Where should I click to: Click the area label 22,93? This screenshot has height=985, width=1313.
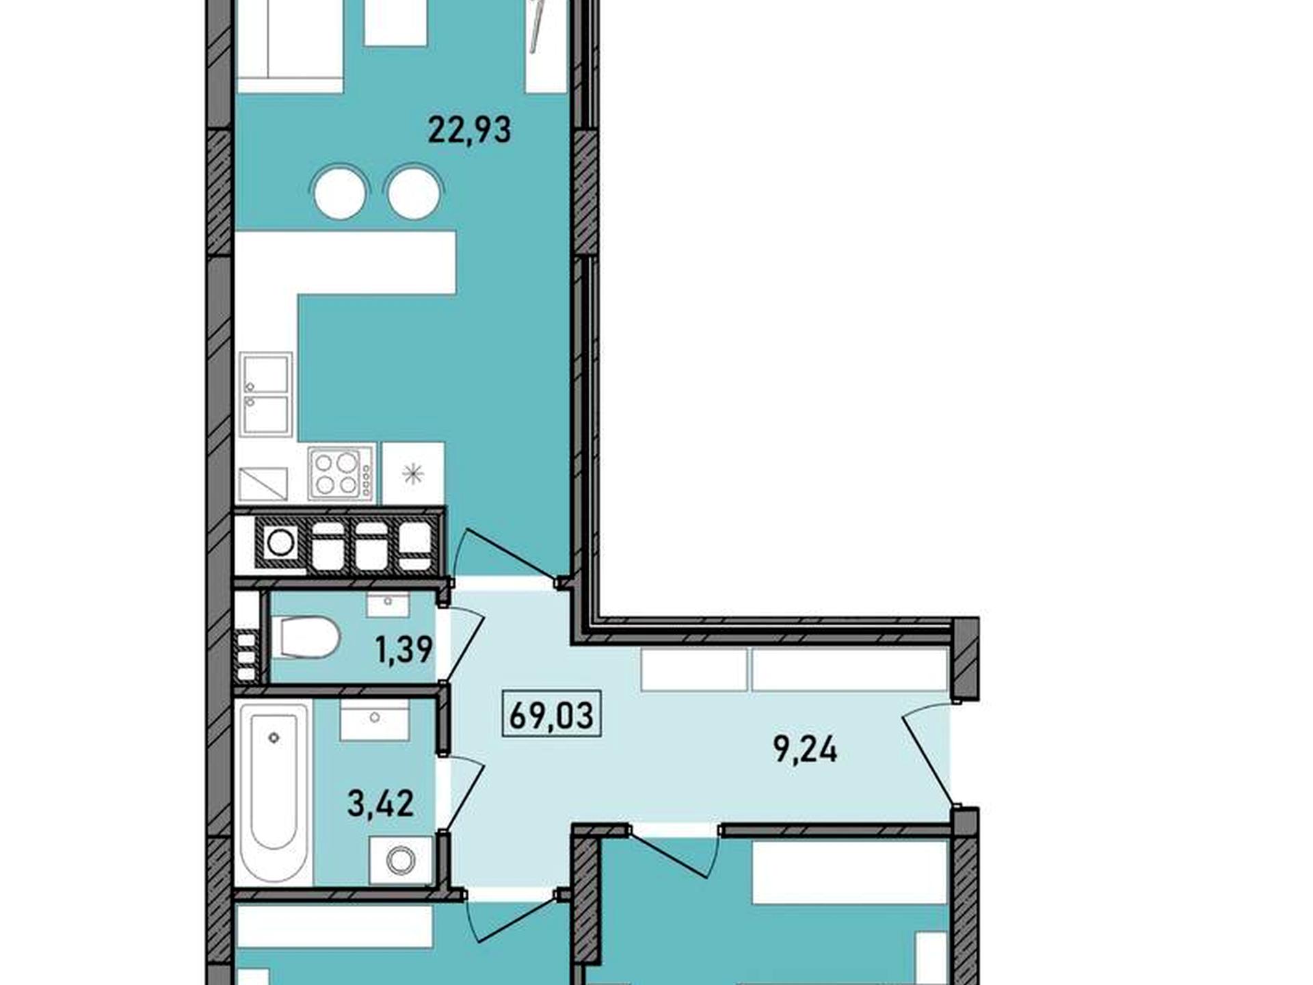(469, 130)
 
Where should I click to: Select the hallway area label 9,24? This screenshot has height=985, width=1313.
(805, 750)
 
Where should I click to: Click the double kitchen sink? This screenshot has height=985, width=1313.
(265, 394)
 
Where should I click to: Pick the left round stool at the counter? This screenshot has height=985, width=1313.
(340, 193)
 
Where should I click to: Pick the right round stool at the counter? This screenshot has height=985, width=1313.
(414, 193)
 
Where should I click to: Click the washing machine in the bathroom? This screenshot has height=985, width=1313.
(401, 860)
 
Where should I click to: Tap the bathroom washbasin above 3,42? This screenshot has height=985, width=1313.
(375, 720)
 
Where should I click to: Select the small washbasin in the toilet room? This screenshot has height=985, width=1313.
(388, 605)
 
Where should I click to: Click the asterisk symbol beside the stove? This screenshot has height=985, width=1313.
(412, 473)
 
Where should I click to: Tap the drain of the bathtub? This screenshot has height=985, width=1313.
(274, 737)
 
